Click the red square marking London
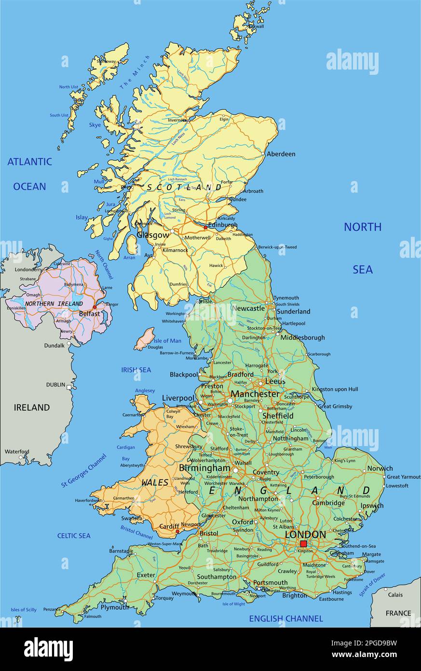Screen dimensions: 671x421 pyautogui.click(x=303, y=544)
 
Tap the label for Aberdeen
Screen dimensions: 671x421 pyautogui.click(x=281, y=154)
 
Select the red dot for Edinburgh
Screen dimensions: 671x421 pyautogui.click(x=205, y=227)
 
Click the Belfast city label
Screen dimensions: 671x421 pyautogui.click(x=90, y=313)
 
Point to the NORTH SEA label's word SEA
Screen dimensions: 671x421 pyautogui.click(x=362, y=269)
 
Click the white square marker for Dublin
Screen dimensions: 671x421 pyautogui.click(x=69, y=387)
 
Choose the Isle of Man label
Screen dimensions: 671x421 pyautogui.click(x=168, y=341)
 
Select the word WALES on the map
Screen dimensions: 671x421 pyautogui.click(x=155, y=482)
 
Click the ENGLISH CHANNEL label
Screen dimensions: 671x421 pyautogui.click(x=285, y=618)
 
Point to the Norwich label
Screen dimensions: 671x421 pyautogui.click(x=380, y=468)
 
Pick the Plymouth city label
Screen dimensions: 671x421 pyautogui.click(x=115, y=607)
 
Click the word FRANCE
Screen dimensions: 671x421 pyautogui.click(x=398, y=613)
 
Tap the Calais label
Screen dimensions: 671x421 pyautogui.click(x=395, y=595)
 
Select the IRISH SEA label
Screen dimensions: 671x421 pyautogui.click(x=136, y=370)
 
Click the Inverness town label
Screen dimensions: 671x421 pyautogui.click(x=177, y=120)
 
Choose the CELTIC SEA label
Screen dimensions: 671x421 pyautogui.click(x=74, y=535)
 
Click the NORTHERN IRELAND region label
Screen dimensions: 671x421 pyautogui.click(x=54, y=304)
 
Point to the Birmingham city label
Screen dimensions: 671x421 pyautogui.click(x=204, y=468)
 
